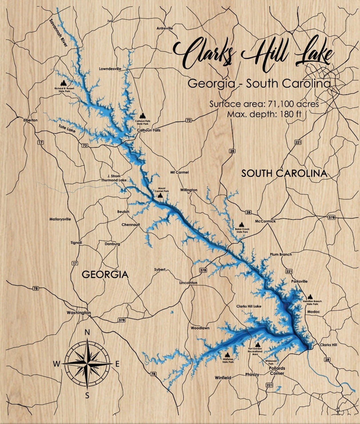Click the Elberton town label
coord(30,120)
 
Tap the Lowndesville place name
coord(110,69)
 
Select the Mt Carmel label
coord(179,172)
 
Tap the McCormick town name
coord(265,221)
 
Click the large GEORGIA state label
coord(105,274)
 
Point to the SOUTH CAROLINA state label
coord(284,174)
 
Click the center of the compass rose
coord(87,364)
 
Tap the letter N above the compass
coord(87,332)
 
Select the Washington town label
coord(79,313)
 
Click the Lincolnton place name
coord(188,283)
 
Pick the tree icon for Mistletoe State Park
coord(228,355)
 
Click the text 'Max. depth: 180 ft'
coord(264,114)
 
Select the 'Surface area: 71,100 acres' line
coord(264,104)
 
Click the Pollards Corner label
coord(277,371)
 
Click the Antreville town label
coord(165,28)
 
